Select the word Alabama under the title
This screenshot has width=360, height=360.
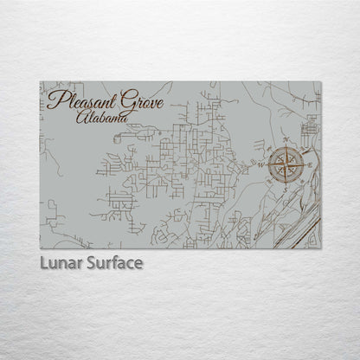103,116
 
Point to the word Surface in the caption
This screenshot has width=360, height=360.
112,261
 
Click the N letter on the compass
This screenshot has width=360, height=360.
286,138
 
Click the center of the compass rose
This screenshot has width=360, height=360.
285,165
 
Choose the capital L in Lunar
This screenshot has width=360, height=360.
43,261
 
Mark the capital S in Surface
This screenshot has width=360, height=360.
89,261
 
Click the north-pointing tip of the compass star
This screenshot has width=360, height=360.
286,145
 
